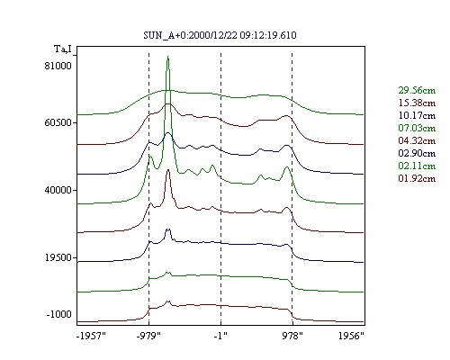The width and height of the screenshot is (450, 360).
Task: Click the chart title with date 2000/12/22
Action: tap(220, 35)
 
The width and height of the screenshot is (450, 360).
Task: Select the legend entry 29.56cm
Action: tap(417, 90)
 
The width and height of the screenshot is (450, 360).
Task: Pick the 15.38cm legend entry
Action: tap(417, 103)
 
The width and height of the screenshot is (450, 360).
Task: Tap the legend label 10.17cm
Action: tap(417, 115)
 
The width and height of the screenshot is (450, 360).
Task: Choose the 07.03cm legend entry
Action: tap(417, 128)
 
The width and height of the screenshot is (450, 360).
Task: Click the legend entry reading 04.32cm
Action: tap(417, 140)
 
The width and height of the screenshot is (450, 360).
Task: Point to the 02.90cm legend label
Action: tap(417, 153)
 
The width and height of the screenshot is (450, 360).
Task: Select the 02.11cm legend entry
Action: tap(417, 166)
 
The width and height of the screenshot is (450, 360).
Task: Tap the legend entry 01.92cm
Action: tap(417, 178)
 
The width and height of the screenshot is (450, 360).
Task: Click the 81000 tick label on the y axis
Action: tap(58, 66)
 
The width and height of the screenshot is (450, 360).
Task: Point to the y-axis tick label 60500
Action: tap(58, 122)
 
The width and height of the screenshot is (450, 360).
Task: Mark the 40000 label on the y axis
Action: tap(58, 190)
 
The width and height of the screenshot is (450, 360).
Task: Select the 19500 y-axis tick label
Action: tap(58, 257)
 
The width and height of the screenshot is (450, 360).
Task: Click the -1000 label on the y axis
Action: tap(58, 314)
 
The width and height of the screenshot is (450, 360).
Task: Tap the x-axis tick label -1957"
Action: tap(91, 336)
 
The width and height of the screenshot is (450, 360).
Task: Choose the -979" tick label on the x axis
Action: tap(148, 336)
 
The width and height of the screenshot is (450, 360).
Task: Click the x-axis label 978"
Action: tap(292, 336)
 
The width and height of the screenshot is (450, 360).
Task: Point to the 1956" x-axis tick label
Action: tap(351, 336)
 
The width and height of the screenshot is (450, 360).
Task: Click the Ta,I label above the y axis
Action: tap(63, 49)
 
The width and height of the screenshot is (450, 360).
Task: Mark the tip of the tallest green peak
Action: tap(167, 56)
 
